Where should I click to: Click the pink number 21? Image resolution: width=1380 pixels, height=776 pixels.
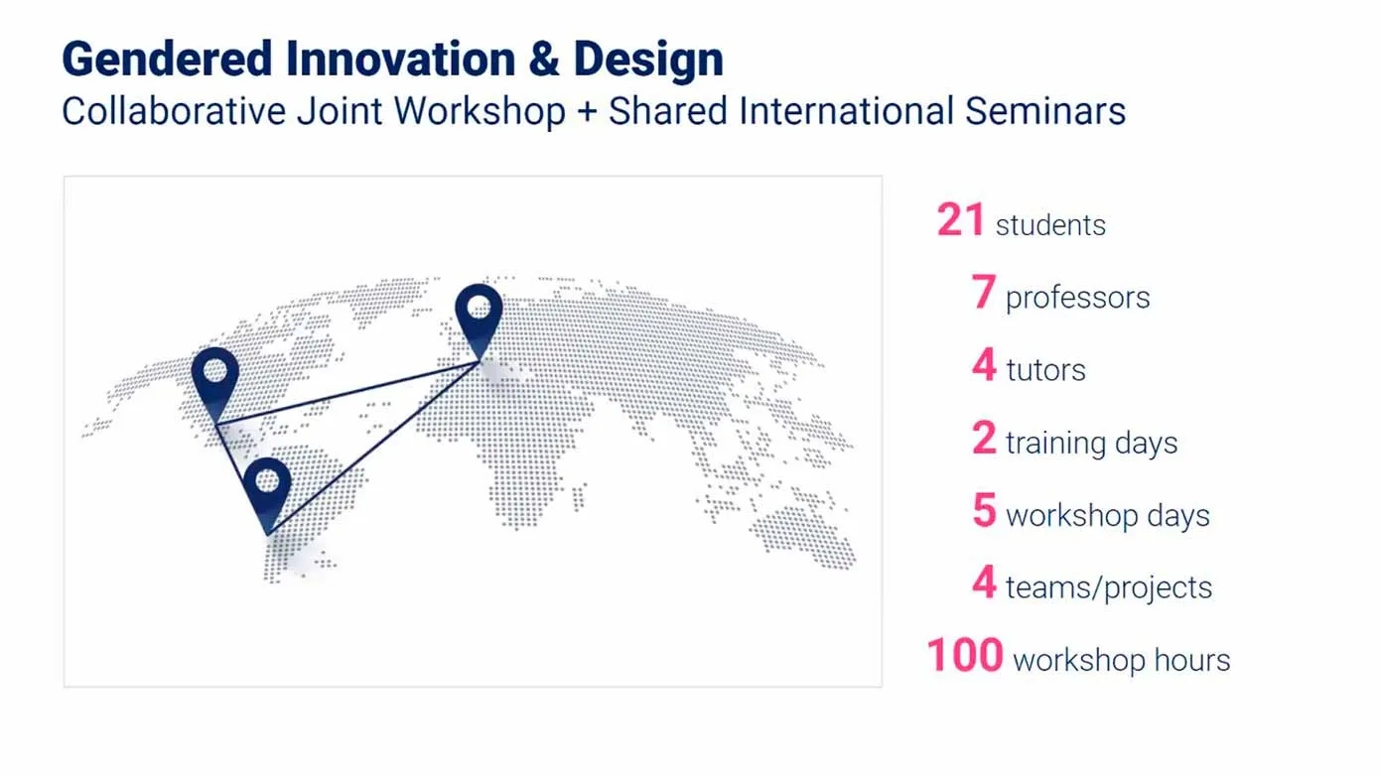coord(960,220)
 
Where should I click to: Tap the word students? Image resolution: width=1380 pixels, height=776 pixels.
coord(1050,225)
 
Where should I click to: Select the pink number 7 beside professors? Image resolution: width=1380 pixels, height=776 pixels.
coord(983,294)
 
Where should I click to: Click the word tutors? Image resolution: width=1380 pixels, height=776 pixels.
coord(1045,370)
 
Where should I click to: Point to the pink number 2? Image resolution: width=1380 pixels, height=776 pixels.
coord(984,439)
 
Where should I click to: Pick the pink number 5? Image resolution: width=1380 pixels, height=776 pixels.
coord(984,511)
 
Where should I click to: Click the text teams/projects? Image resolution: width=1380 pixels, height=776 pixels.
coord(1108,587)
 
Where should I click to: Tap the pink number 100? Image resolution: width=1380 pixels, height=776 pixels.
coord(964,656)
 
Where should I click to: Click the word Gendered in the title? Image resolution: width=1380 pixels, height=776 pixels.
coord(166,61)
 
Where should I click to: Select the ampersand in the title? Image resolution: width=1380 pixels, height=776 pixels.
coord(544,61)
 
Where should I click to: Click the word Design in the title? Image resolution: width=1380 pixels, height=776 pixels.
coord(648,61)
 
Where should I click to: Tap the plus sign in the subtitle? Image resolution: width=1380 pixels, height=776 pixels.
coord(586,111)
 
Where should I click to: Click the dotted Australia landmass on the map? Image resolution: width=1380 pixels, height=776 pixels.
coord(802,537)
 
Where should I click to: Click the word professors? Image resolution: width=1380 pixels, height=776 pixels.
coord(1077,298)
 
